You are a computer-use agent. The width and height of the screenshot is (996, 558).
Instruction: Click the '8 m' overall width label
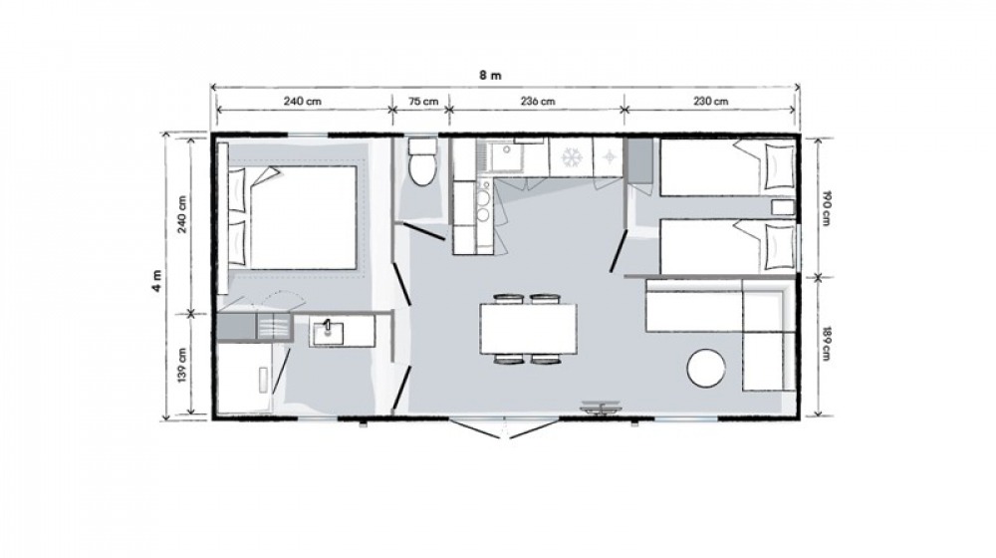tap(490, 75)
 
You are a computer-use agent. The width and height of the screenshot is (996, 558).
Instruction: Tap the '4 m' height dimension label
tap(157, 280)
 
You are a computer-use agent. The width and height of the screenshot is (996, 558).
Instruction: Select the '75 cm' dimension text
tap(422, 101)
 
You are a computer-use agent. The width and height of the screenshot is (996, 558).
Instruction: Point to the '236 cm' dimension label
tap(538, 101)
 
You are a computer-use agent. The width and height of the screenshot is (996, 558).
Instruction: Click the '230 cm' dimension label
tap(711, 101)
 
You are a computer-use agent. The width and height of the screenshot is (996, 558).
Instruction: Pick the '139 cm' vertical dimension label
tap(182, 366)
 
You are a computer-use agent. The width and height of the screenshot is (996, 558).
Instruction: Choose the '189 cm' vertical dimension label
tap(826, 344)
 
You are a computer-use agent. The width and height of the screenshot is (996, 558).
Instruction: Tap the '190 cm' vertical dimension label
tap(826, 208)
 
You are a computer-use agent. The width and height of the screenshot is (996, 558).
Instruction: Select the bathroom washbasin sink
tap(327, 332)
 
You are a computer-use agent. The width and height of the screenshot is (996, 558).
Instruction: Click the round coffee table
tap(706, 368)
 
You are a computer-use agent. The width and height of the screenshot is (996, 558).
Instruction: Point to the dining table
tap(529, 329)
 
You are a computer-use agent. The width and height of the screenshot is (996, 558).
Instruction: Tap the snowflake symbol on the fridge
tap(571, 157)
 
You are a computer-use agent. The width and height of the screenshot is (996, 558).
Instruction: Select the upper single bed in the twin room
tap(728, 167)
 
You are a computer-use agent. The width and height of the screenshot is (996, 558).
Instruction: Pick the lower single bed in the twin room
tap(728, 246)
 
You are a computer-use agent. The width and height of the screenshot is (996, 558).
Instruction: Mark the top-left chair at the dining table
tap(506, 299)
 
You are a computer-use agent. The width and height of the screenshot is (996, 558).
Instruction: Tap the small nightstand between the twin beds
tap(783, 208)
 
